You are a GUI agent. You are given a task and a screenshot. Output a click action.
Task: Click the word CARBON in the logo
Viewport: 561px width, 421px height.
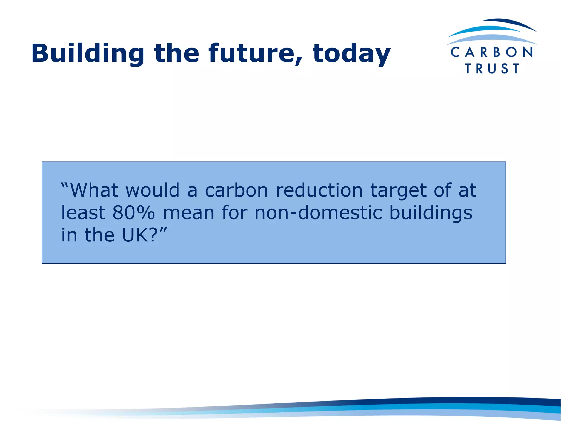click(492, 52)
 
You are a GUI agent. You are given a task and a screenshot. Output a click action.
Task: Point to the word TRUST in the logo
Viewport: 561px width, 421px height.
click(492, 68)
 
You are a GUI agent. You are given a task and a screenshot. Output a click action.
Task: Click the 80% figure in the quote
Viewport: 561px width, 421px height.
click(134, 213)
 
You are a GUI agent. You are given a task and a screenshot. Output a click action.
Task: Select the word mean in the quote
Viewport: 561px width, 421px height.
click(189, 213)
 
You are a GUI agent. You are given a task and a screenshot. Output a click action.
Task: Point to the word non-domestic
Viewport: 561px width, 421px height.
click(318, 213)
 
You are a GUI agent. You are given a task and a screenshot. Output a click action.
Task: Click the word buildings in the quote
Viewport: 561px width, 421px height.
click(431, 213)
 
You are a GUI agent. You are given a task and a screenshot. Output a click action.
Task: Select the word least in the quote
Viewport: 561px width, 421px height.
click(83, 213)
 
